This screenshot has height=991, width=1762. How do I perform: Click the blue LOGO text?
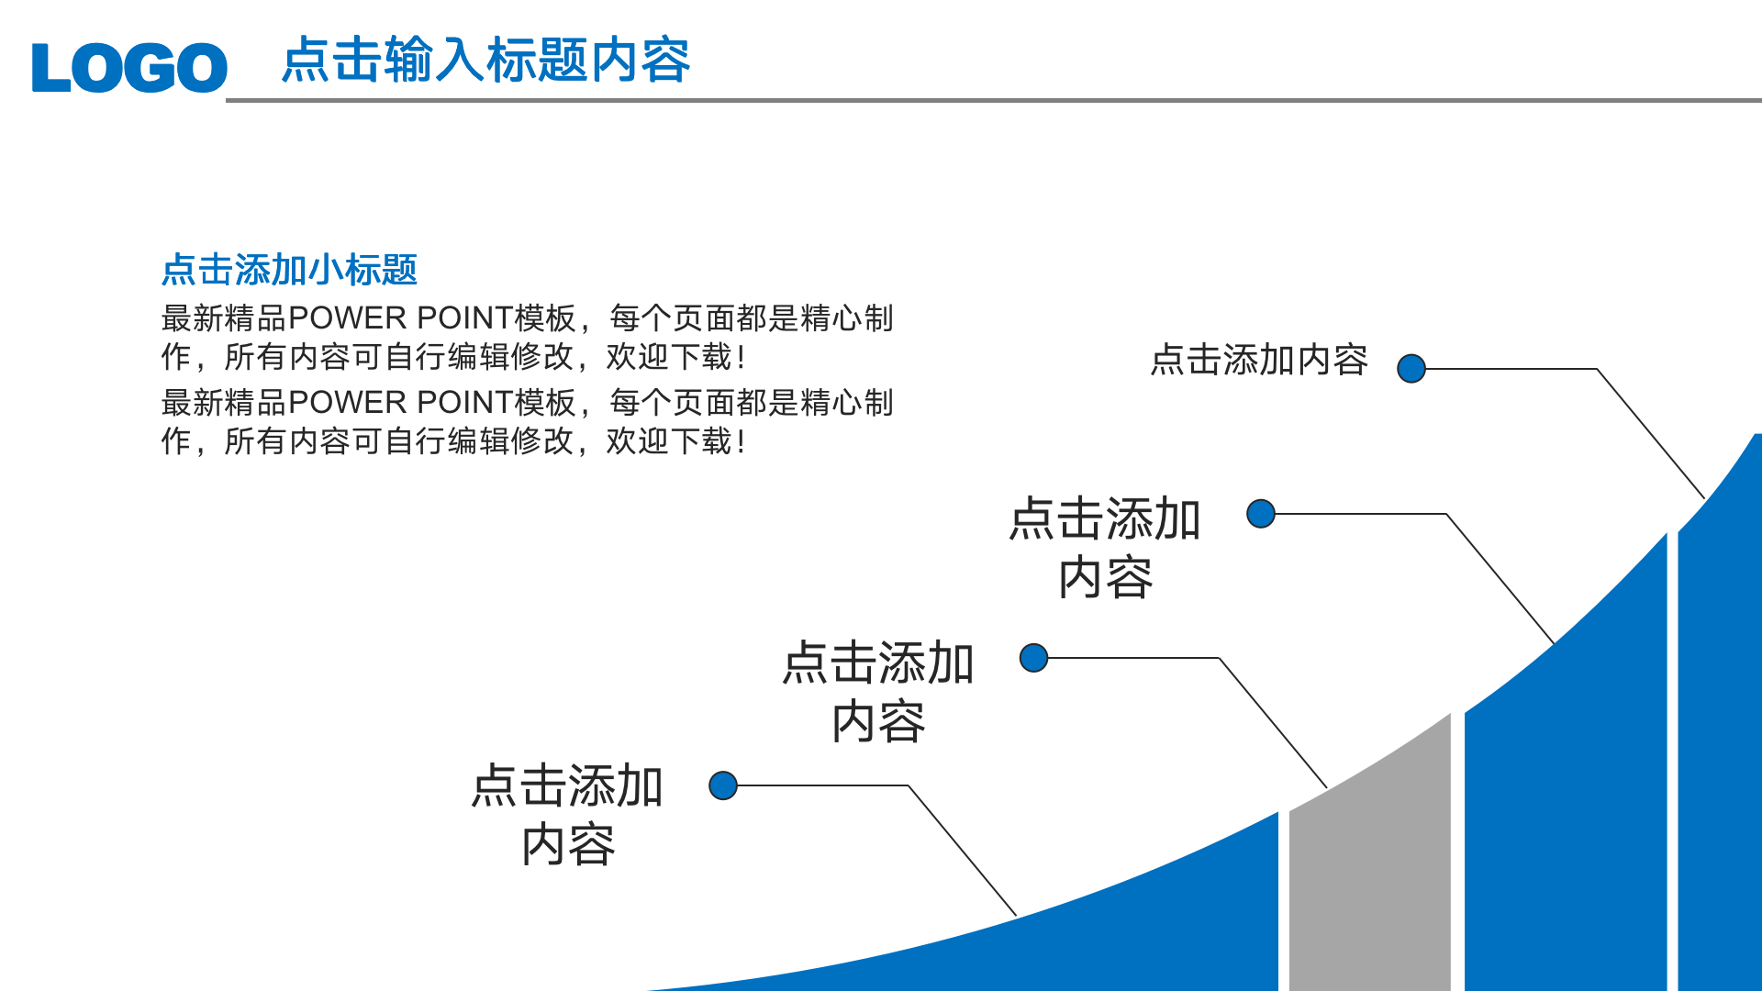pyautogui.click(x=129, y=67)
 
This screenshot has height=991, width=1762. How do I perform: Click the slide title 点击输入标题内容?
pyautogui.click(x=485, y=61)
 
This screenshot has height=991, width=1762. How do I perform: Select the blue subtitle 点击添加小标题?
pyautogui.click(x=289, y=270)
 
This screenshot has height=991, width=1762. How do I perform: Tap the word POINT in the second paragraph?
pyautogui.click(x=464, y=403)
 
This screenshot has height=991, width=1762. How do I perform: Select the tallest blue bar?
pyautogui.click(x=1721, y=734)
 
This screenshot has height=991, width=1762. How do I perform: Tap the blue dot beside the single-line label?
pyautogui.click(x=1411, y=369)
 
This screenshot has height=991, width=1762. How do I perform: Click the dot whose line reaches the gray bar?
pyautogui.click(x=1034, y=658)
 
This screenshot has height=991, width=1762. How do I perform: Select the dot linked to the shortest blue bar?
pyautogui.click(x=723, y=785)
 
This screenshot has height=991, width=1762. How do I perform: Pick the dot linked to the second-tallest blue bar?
pyautogui.click(x=1261, y=514)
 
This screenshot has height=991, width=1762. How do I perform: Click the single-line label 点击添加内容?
pyautogui.click(x=1259, y=360)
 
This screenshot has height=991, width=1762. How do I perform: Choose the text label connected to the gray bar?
pyautogui.click(x=877, y=692)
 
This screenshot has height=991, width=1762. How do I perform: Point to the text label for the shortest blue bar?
pyautogui.click(x=567, y=815)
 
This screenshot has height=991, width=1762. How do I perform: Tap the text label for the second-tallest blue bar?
pyautogui.click(x=1105, y=548)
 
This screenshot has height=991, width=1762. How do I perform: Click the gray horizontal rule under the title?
pyautogui.click(x=991, y=100)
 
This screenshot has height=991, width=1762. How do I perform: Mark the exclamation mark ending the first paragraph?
pyautogui.click(x=741, y=358)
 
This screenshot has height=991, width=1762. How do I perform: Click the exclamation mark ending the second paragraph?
pyautogui.click(x=741, y=442)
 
